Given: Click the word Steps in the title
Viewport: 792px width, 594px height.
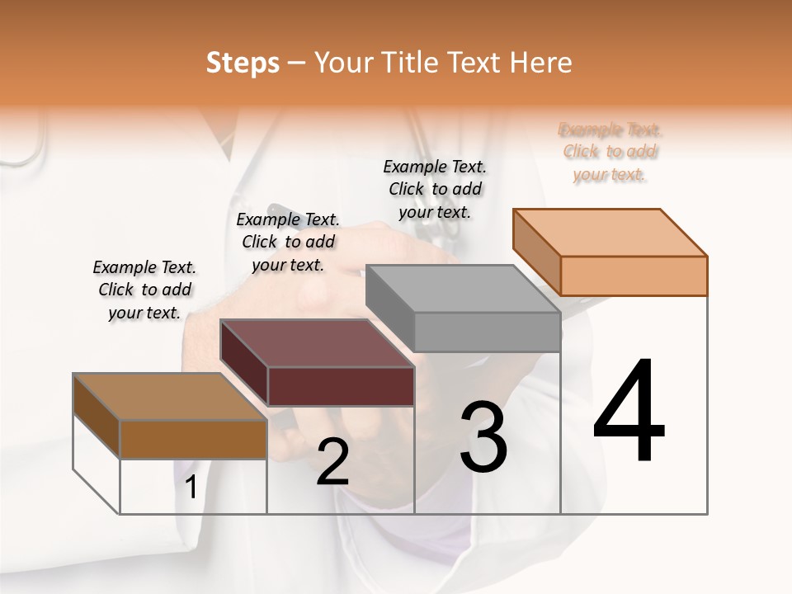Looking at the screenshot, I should (x=243, y=63).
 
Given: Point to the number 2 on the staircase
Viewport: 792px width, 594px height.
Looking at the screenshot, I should (x=332, y=462).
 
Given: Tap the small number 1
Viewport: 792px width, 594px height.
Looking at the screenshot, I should (x=191, y=488).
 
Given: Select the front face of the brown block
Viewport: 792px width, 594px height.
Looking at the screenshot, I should (x=193, y=439).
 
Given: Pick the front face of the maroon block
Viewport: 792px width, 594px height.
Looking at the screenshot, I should (x=341, y=386).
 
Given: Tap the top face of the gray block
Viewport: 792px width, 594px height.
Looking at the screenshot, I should (x=462, y=288).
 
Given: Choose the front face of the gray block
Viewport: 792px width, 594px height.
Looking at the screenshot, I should (x=487, y=332).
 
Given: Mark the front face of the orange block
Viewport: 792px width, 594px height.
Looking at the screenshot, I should (x=634, y=276).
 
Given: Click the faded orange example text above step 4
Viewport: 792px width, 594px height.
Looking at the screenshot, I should (x=610, y=152).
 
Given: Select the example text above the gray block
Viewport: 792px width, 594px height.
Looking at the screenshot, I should (x=435, y=189).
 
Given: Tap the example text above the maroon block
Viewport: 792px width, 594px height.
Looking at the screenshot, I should (x=288, y=242).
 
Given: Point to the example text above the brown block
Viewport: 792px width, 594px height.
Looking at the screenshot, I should (x=144, y=290).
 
